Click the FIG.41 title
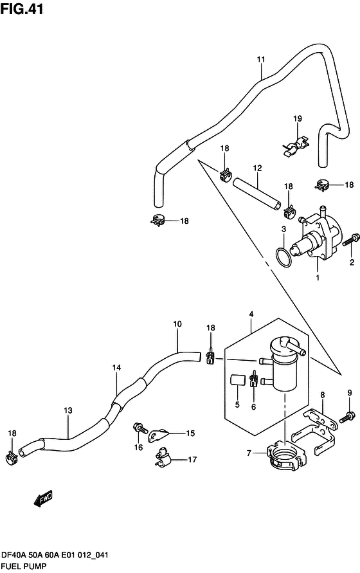(x=22, y=9)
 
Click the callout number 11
(x=260, y=59)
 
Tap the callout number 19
(x=298, y=118)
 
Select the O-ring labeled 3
(x=283, y=258)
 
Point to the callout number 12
(x=257, y=168)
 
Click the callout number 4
(x=251, y=314)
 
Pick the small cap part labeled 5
(x=238, y=379)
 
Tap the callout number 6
(x=253, y=407)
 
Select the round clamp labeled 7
(x=286, y=457)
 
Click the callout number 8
(x=322, y=395)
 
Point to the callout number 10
(x=177, y=323)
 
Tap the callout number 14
(x=116, y=368)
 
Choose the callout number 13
(x=68, y=410)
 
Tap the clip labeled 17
(x=161, y=457)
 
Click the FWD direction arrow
(x=43, y=499)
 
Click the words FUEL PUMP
(x=24, y=567)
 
